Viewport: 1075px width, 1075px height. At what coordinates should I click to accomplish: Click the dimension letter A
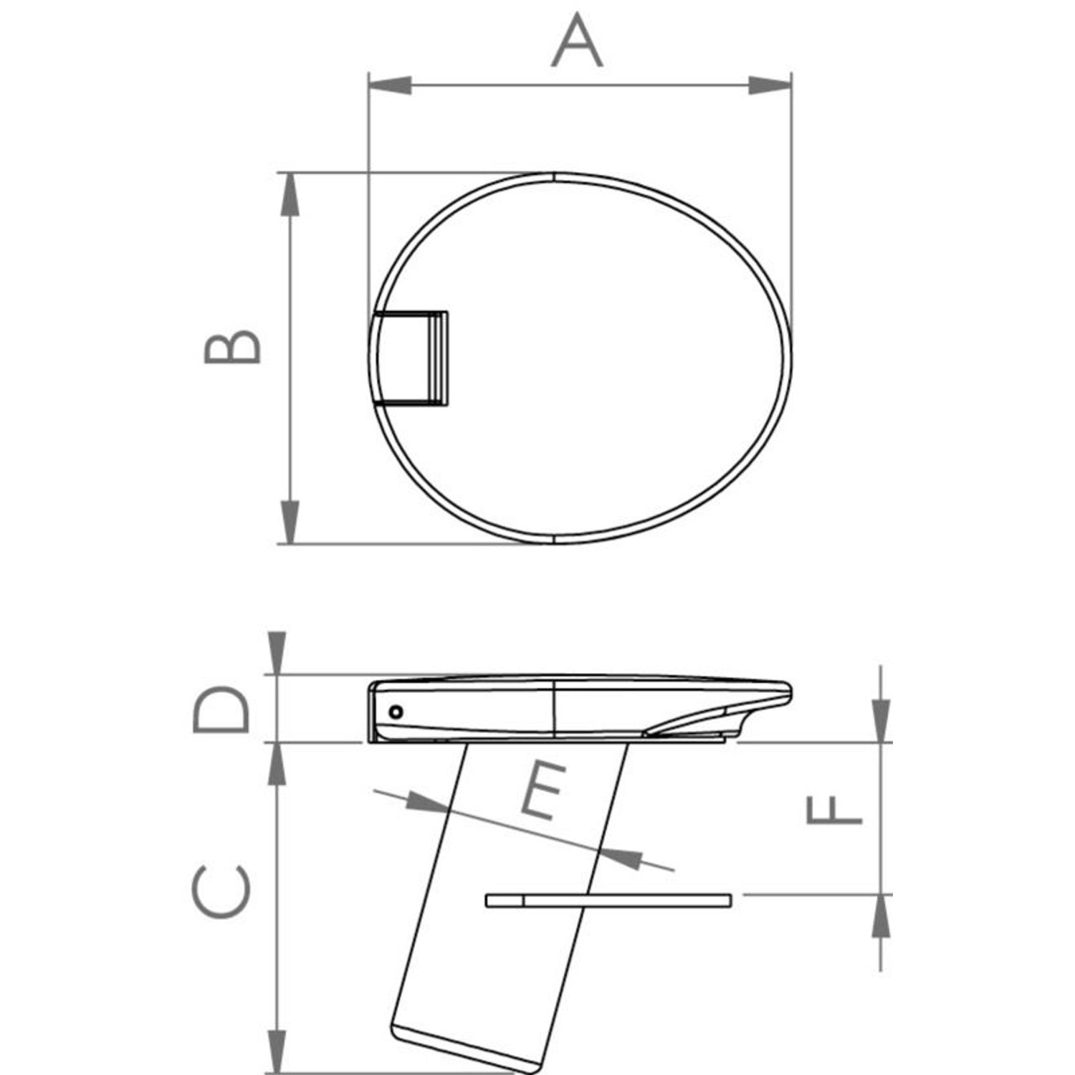click(577, 42)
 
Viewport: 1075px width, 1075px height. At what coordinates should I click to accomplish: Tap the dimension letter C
click(221, 892)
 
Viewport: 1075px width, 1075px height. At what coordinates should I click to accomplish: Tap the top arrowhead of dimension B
click(289, 194)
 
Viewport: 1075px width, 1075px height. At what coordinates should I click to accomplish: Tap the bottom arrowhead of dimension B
click(289, 522)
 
